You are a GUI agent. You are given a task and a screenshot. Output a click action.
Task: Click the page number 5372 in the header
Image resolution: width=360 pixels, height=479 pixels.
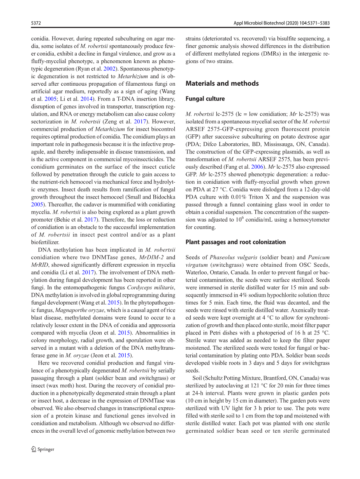coord(36,23)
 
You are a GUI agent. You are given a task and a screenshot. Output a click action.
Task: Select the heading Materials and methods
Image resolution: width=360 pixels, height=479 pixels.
coord(222,83)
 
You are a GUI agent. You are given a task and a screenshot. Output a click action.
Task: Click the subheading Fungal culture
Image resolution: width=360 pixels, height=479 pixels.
coord(205,99)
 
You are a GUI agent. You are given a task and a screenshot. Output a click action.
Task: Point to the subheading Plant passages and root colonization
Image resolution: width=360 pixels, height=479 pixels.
coord(235,242)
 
